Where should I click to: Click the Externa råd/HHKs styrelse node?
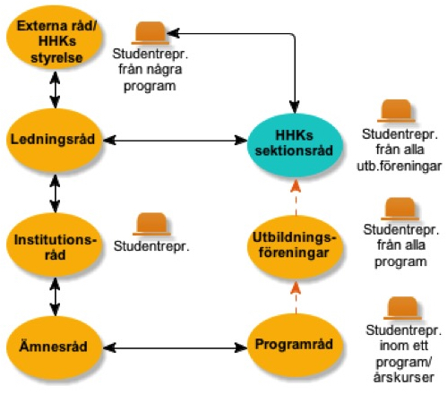click(55, 38)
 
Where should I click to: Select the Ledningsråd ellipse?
click(54, 140)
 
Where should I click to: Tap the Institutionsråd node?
click(55, 244)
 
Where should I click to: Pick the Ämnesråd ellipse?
click(54, 347)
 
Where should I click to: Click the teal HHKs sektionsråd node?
click(295, 144)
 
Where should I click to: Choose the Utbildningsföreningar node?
click(295, 246)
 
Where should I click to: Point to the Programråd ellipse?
click(295, 345)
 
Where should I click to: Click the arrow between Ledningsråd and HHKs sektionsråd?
click(175, 140)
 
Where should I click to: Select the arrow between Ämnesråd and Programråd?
click(175, 347)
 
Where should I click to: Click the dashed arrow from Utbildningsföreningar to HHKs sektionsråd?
click(296, 197)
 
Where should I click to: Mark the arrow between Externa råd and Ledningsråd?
click(55, 90)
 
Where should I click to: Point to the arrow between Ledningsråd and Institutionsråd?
click(55, 193)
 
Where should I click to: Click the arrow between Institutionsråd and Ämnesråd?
click(55, 296)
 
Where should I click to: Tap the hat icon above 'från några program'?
click(150, 33)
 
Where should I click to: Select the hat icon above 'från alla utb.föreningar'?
click(396, 111)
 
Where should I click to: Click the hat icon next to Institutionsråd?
click(151, 224)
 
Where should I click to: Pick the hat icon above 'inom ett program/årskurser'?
click(402, 308)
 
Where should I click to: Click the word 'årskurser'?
click(403, 378)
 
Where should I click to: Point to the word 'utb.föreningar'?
click(400, 167)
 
